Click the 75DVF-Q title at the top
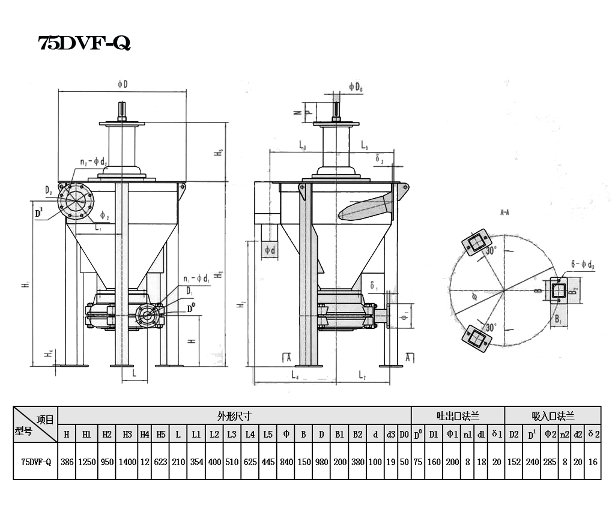point(84,44)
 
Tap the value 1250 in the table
point(87,462)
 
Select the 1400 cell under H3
point(127,462)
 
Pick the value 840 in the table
point(286,462)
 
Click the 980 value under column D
point(322,462)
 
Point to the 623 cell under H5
point(161,462)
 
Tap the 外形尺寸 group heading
point(234,415)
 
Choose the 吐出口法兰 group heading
point(458,415)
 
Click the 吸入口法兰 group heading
point(553,415)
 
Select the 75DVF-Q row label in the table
point(36,462)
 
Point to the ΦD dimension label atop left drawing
point(122,85)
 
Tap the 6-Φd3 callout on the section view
point(582,264)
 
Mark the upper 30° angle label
point(491,251)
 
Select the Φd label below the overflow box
point(270,250)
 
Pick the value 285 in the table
point(551,462)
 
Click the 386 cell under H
point(67,462)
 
